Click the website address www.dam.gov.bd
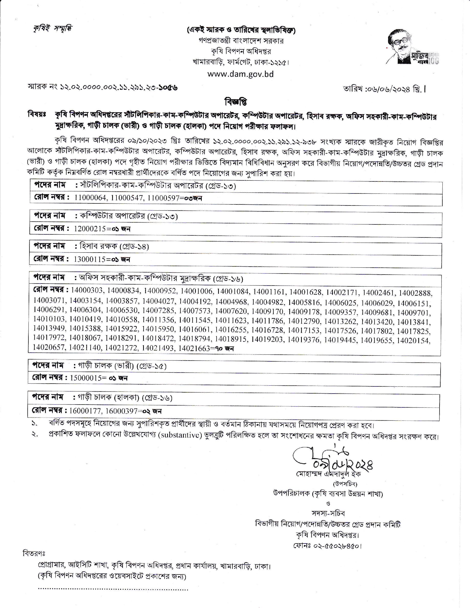tap(240, 74)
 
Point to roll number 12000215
tap(90, 229)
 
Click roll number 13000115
tap(90, 259)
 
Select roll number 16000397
tap(121, 411)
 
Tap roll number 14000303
tap(87, 290)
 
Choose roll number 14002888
tap(415, 293)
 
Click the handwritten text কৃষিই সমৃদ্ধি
tap(51, 29)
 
